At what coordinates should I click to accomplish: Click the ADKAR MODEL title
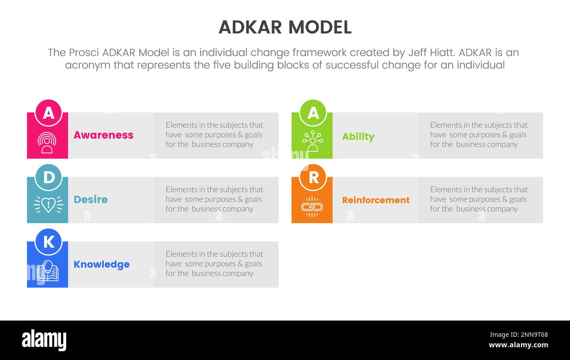285,27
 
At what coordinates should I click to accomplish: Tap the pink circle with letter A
48,113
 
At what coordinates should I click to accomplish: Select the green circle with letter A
313,113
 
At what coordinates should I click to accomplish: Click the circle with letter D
48,177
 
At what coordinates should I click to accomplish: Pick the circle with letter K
48,242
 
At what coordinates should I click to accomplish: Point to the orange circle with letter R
313,177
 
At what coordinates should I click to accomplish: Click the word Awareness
103,135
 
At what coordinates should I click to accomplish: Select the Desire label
90,200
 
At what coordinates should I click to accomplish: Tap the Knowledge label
101,264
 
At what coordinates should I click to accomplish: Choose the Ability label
358,136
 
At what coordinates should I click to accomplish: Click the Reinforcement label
375,200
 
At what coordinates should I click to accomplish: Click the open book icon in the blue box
48,271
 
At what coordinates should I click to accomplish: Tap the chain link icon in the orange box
312,207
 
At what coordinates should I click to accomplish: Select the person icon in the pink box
47,143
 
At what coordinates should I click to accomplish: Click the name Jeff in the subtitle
418,53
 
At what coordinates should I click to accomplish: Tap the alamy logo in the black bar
44,340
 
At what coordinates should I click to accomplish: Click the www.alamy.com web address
518,345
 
